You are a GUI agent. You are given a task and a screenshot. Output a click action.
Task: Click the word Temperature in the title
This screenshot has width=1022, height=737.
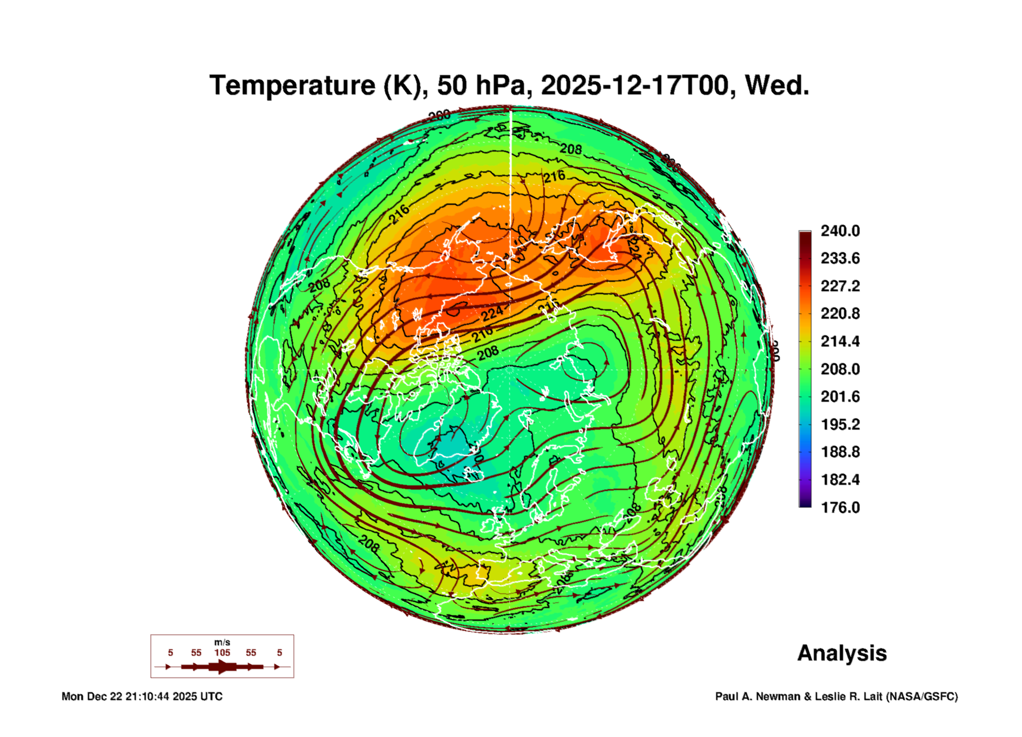[x=292, y=86]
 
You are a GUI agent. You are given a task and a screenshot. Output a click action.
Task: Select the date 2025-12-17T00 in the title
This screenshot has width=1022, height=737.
[x=634, y=86]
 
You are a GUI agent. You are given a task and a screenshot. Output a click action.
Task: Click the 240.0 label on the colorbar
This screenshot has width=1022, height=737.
[x=840, y=231]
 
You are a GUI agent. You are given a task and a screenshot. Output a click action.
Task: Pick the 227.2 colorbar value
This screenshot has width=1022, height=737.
[x=840, y=286]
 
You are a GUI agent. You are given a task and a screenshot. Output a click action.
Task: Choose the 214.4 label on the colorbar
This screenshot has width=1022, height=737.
[x=840, y=341]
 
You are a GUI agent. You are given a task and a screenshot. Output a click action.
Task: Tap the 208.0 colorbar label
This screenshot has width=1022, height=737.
[x=840, y=369]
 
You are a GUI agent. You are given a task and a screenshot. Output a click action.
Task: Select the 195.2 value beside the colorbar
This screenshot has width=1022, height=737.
[x=840, y=424]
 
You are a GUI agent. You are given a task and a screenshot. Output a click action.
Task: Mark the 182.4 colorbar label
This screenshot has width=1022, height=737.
[x=840, y=480]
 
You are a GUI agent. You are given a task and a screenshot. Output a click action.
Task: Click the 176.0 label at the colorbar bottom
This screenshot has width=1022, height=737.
[x=840, y=508]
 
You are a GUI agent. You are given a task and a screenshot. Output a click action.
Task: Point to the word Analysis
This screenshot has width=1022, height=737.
[x=842, y=653]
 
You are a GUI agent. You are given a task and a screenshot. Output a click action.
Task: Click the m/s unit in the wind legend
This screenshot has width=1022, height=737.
[x=222, y=643]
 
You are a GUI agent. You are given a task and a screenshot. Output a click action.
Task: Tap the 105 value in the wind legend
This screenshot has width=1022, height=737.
[x=222, y=653]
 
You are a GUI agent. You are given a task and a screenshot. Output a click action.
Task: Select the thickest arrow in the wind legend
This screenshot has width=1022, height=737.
[x=222, y=667]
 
